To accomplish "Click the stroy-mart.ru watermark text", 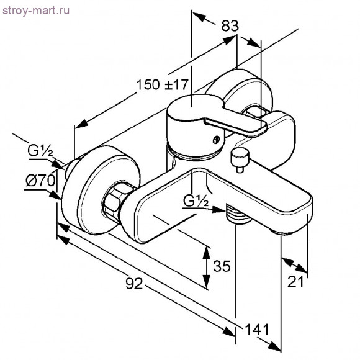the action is click(x=36, y=11).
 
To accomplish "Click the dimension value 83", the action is click(x=230, y=25).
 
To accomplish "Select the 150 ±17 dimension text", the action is click(x=163, y=84).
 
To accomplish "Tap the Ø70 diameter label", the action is click(x=40, y=181).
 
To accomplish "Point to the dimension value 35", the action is click(x=222, y=266).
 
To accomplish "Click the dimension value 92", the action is click(x=134, y=283).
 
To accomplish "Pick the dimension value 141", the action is click(x=257, y=330).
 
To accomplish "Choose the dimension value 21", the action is click(x=295, y=281).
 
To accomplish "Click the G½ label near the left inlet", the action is click(x=40, y=151).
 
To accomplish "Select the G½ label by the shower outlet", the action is click(x=196, y=201).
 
